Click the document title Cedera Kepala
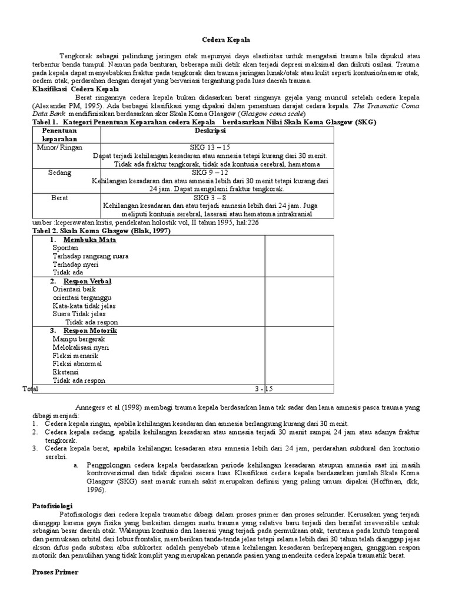point(226,39)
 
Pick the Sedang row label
point(60,173)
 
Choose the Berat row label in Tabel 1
point(60,198)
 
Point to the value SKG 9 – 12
point(209,173)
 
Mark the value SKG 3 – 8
point(209,198)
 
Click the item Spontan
point(65,249)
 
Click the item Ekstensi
point(65,372)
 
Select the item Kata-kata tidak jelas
point(84,306)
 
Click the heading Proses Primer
point(55,571)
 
